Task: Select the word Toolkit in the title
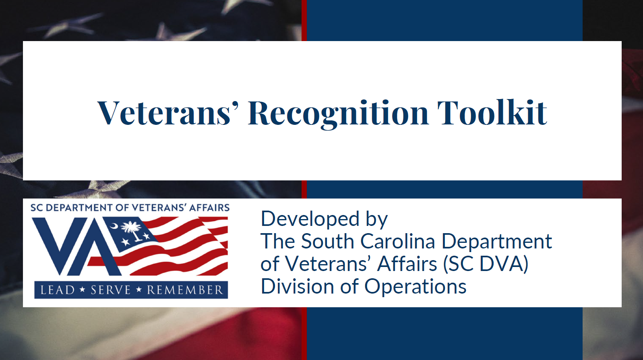pyautogui.click(x=492, y=113)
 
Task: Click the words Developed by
pyautogui.click(x=324, y=219)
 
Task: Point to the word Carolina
pyautogui.click(x=397, y=242)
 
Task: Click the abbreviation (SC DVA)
pyautogui.click(x=485, y=264)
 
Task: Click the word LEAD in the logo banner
pyautogui.click(x=58, y=290)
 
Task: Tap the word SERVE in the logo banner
pyautogui.click(x=111, y=290)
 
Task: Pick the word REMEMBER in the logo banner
pyautogui.click(x=185, y=290)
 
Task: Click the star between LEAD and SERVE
pyautogui.click(x=83, y=290)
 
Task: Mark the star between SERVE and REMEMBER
pyautogui.click(x=139, y=290)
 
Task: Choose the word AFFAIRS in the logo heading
pyautogui.click(x=209, y=208)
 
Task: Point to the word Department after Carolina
pyautogui.click(x=496, y=242)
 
